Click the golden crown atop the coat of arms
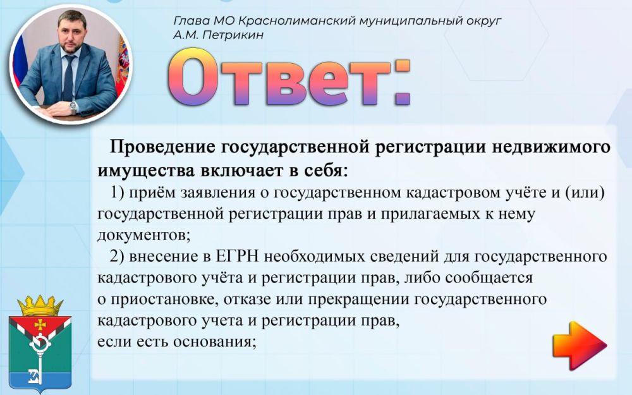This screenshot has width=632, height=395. tap(40, 306)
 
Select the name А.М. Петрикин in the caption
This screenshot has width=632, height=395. tap(218, 35)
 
